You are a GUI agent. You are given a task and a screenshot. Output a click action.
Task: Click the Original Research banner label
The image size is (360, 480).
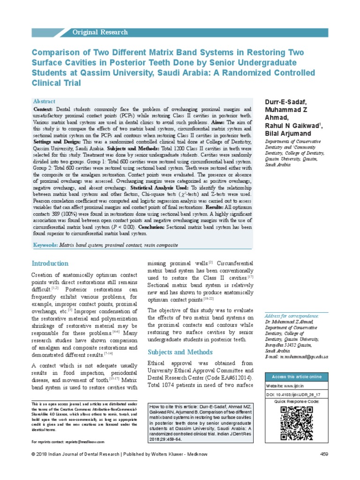tap(99, 32)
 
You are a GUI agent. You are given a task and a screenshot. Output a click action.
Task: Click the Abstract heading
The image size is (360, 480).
tap(44, 101)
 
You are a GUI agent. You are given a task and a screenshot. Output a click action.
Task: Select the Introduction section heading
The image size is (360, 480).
tap(50, 263)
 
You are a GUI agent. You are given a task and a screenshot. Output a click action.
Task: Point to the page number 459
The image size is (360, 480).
tap(323, 467)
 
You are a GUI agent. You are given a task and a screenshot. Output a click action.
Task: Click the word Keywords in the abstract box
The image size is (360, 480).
tap(45, 245)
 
